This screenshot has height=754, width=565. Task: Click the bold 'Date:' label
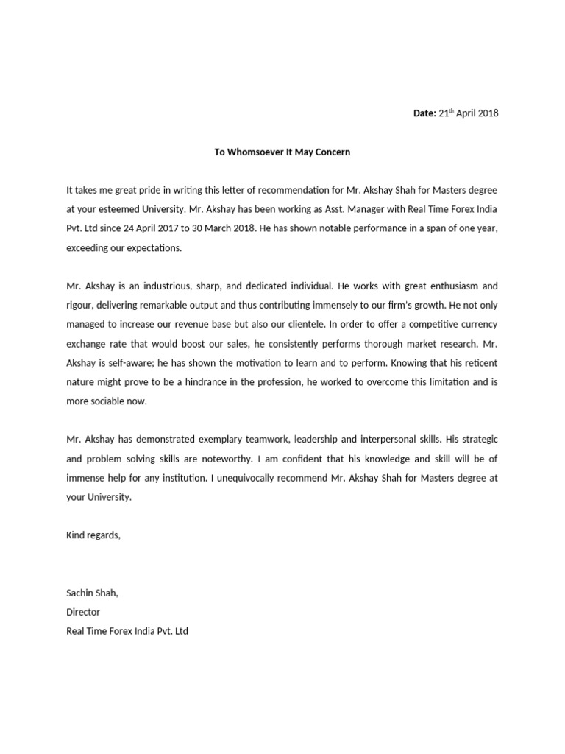pyautogui.click(x=424, y=113)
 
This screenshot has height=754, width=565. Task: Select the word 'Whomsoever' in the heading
pyautogui.click(x=252, y=152)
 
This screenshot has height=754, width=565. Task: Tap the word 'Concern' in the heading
pyautogui.click(x=333, y=152)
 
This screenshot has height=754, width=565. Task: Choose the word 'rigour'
pyautogui.click(x=80, y=305)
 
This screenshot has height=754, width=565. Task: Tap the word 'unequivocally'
pyautogui.click(x=258, y=477)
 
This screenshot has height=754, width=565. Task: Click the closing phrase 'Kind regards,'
pyautogui.click(x=93, y=535)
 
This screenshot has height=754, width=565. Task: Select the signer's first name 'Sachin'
pyautogui.click(x=80, y=593)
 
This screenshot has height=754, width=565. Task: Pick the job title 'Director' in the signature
pyautogui.click(x=83, y=612)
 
